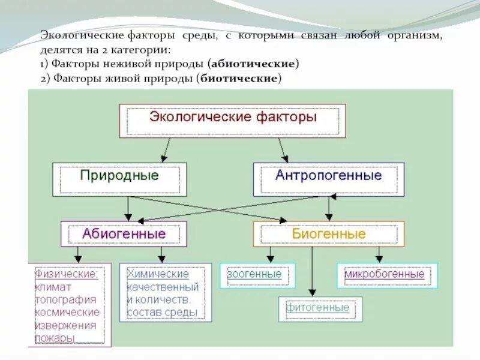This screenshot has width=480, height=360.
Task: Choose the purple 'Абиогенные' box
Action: pos(124,233)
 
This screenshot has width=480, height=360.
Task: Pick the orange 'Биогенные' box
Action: pos(328,233)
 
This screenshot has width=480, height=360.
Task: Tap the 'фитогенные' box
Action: pos(317,308)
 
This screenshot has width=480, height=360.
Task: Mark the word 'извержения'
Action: pos(65,326)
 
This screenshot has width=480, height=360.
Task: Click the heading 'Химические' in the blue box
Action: pos(158,274)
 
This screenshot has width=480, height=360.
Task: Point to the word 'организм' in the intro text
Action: pos(415,35)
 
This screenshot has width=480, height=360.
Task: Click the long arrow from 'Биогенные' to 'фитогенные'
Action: pos(312,270)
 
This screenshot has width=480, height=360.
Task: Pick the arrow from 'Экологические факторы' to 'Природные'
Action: pos(166,149)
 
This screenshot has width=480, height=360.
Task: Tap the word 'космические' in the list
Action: pos(67,313)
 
